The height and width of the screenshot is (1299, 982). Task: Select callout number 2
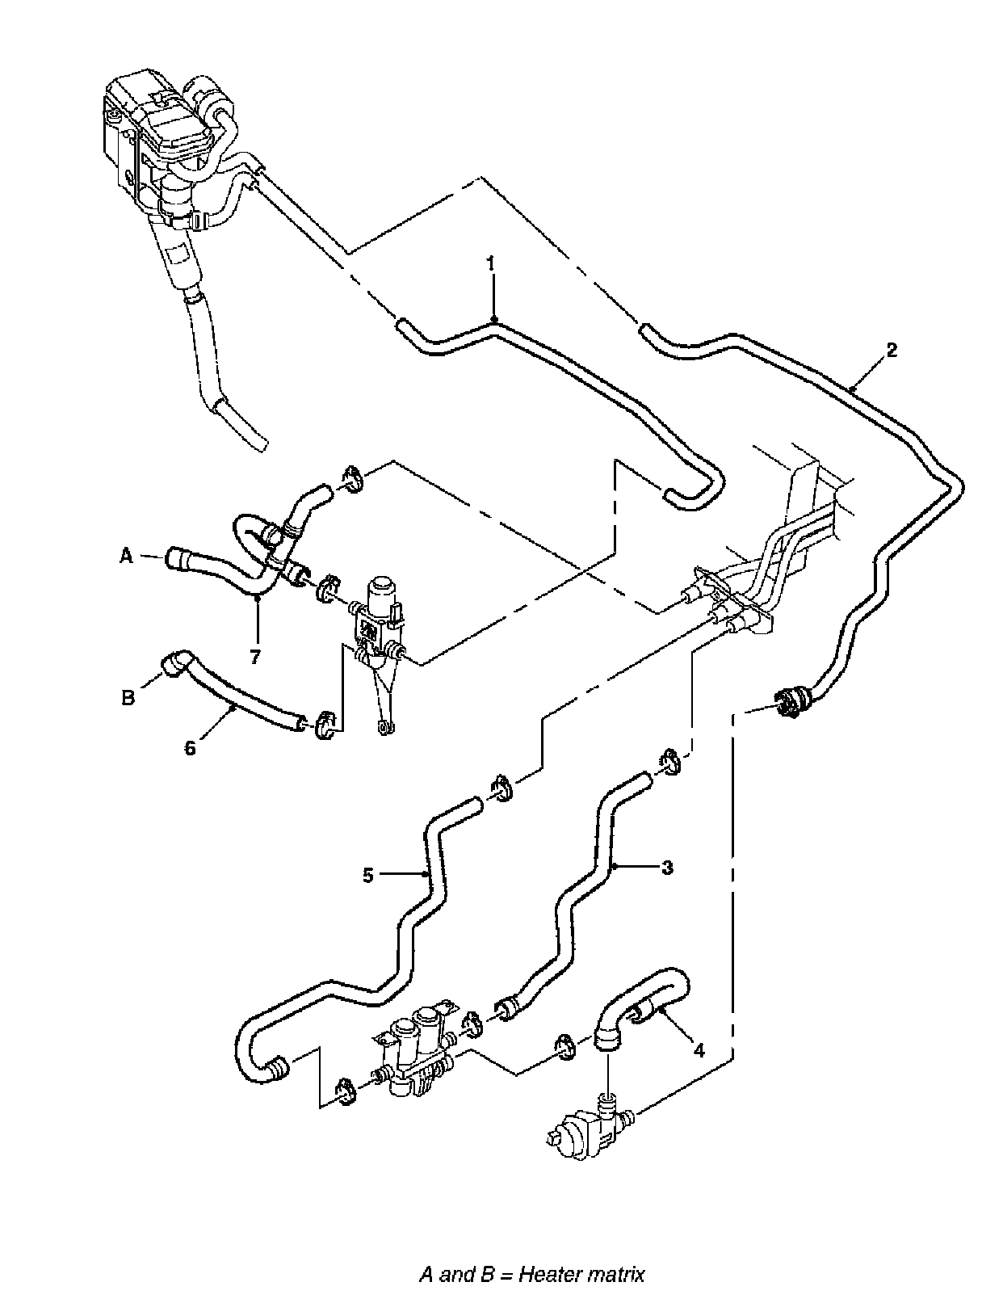pyautogui.click(x=891, y=350)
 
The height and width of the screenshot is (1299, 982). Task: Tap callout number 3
pyautogui.click(x=666, y=868)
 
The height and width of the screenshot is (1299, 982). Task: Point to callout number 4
pyautogui.click(x=699, y=1051)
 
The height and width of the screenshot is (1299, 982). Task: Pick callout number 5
pyautogui.click(x=368, y=875)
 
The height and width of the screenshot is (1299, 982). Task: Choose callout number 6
pyautogui.click(x=190, y=748)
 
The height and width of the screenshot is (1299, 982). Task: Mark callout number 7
pyautogui.click(x=255, y=656)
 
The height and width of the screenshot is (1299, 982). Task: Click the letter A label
pyautogui.click(x=126, y=556)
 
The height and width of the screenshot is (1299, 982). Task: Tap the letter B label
pyautogui.click(x=128, y=698)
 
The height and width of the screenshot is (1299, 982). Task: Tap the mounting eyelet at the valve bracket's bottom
pyautogui.click(x=385, y=729)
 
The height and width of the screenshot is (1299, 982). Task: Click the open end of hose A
pyautogui.click(x=172, y=557)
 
